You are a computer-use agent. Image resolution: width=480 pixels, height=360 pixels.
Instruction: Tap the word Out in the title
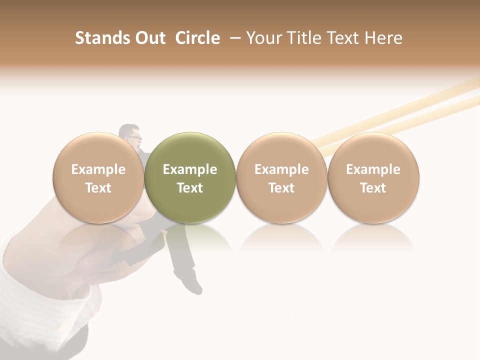pyautogui.click(x=148, y=38)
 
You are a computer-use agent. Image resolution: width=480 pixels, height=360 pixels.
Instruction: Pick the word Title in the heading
pyautogui.click(x=303, y=38)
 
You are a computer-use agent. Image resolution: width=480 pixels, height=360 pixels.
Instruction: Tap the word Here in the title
pyautogui.click(x=383, y=38)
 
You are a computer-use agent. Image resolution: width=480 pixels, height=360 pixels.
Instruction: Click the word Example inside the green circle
pyautogui.click(x=190, y=169)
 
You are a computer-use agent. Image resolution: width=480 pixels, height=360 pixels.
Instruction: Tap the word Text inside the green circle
pyautogui.click(x=190, y=188)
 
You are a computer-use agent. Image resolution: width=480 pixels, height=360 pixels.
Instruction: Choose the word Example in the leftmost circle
pyautogui.click(x=98, y=169)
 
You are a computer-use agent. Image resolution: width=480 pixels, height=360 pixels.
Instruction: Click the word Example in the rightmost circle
pyautogui.click(x=373, y=169)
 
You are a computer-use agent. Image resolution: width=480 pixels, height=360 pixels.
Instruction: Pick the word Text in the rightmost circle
pyautogui.click(x=373, y=188)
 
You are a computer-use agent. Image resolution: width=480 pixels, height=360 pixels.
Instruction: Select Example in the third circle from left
pyautogui.click(x=281, y=169)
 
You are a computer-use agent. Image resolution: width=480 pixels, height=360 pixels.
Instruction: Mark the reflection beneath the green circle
pyautogui.click(x=190, y=237)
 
